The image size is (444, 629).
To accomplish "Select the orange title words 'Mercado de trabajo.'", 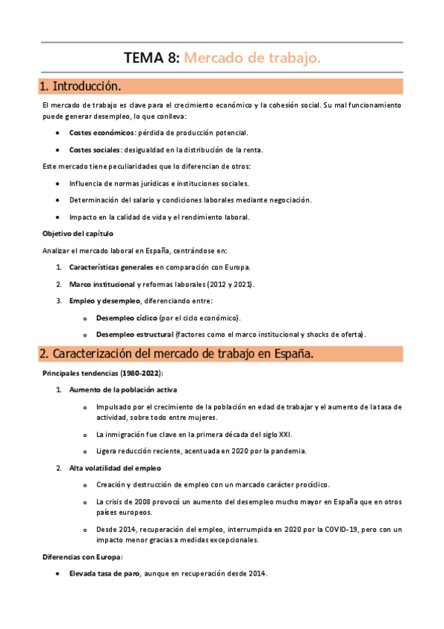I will [x=252, y=58].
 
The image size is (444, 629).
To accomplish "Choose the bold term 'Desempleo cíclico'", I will [x=121, y=317].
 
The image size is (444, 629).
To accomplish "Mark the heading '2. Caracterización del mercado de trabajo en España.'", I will [x=176, y=355].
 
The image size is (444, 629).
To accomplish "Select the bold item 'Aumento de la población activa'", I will [x=122, y=389].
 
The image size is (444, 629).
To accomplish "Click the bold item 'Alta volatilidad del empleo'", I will [x=115, y=468].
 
